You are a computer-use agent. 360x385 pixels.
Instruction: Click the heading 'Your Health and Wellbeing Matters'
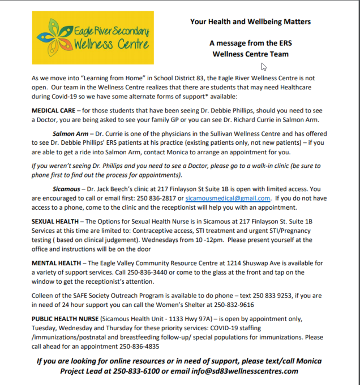[x=250, y=21]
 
